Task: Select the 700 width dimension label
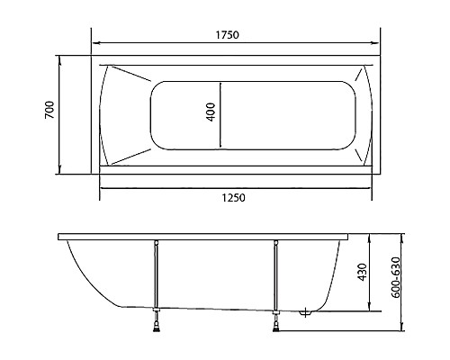[50, 112]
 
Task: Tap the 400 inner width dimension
[211, 113]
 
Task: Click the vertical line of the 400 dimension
[220, 113]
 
